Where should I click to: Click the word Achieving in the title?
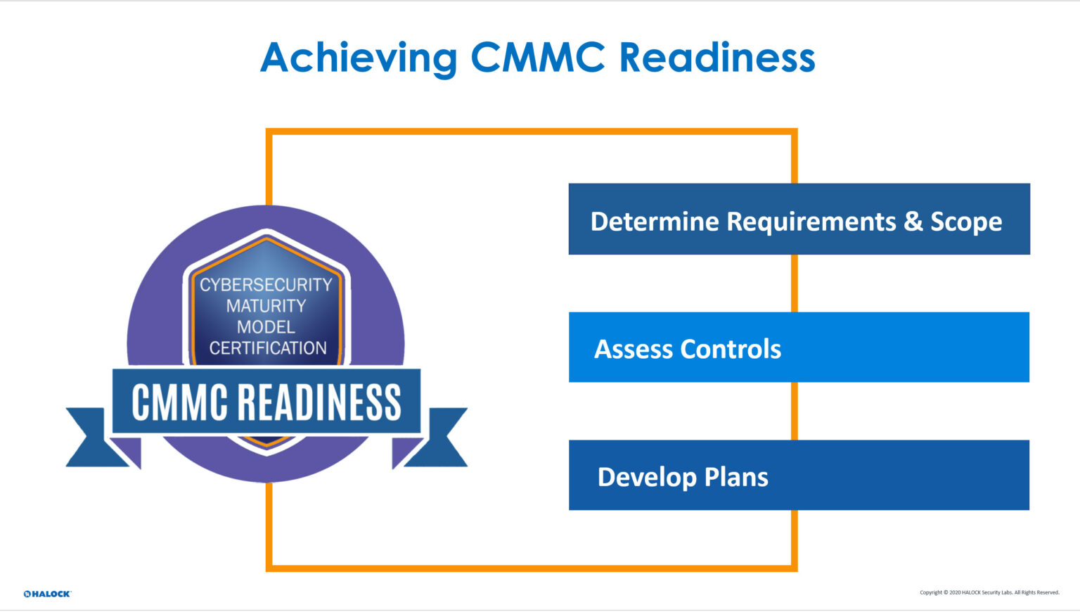358,58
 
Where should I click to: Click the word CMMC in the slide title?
536,58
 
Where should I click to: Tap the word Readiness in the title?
716,58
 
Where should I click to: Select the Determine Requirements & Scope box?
799,219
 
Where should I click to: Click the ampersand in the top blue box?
913,222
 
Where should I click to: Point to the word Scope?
966,222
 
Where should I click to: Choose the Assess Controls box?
799,348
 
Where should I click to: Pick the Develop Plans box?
799,476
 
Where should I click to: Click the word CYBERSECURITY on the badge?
266,285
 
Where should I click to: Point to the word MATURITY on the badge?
266,306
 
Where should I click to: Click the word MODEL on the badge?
266,327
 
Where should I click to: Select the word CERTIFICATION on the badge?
268,348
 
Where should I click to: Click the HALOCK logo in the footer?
47,594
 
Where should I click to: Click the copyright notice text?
989,592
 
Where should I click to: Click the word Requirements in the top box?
811,222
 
